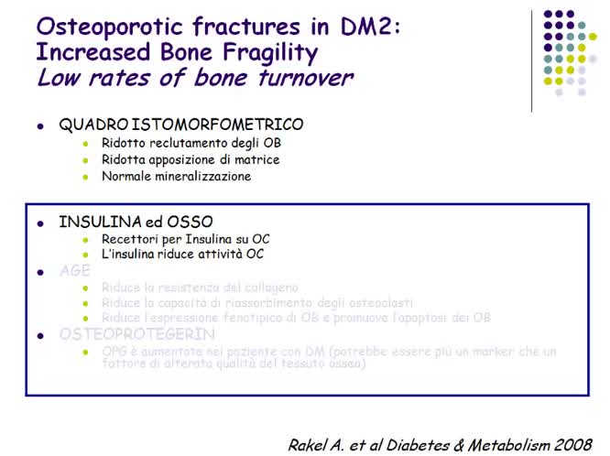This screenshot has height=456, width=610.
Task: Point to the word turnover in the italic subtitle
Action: (x=301, y=78)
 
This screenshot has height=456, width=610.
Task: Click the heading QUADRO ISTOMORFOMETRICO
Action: (x=181, y=125)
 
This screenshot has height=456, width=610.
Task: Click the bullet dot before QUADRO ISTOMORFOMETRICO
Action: (x=39, y=125)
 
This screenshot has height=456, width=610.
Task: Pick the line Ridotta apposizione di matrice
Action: (x=191, y=159)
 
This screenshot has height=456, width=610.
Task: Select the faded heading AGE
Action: (x=74, y=271)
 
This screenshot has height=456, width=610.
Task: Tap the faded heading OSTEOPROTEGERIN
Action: (x=137, y=334)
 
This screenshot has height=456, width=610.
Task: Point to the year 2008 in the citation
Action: (x=573, y=420)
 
